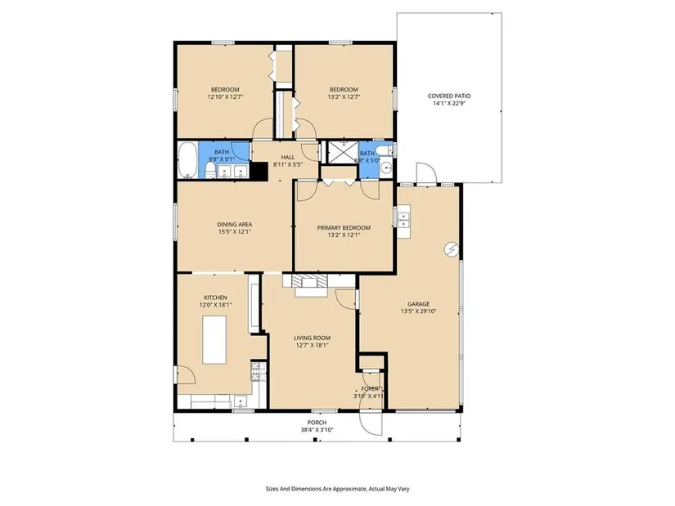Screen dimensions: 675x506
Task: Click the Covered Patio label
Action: tap(449, 96)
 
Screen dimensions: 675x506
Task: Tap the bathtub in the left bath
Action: tap(187, 160)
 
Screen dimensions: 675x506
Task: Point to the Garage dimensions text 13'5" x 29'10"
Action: tap(418, 311)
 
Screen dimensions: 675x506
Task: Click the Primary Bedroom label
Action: tap(344, 227)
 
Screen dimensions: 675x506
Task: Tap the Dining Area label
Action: tap(235, 224)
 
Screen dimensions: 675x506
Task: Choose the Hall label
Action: tap(288, 157)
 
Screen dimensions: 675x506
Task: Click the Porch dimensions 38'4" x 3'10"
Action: tap(317, 430)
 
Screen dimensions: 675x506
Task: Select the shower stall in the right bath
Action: tap(344, 152)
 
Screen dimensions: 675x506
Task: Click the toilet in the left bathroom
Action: tap(210, 169)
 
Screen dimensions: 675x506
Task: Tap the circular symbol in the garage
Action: tap(452, 249)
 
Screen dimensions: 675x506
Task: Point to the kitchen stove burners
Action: tap(259, 372)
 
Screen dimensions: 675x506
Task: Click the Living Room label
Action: tap(312, 338)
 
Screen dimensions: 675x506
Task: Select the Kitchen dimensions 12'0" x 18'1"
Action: tap(215, 305)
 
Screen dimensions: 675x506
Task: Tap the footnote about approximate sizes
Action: tap(337, 489)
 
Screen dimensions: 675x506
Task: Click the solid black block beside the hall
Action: tap(259, 170)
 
